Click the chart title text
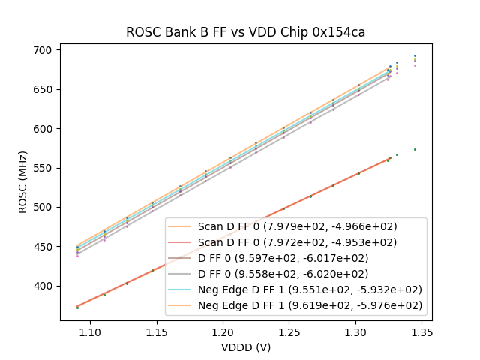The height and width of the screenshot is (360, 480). (x=245, y=32)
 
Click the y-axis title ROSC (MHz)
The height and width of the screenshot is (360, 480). (x=23, y=181)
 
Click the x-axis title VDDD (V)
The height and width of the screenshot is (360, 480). (x=245, y=347)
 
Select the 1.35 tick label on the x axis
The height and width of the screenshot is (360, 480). (x=421, y=331)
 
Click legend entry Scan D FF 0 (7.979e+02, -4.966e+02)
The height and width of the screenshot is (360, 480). (x=297, y=226)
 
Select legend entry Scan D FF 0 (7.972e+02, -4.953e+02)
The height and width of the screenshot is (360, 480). (x=297, y=242)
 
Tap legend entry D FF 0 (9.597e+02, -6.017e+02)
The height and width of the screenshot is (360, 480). (x=283, y=258)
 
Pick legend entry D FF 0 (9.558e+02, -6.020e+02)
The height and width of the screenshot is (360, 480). (x=283, y=274)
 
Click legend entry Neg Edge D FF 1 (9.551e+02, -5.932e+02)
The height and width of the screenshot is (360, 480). (x=310, y=289)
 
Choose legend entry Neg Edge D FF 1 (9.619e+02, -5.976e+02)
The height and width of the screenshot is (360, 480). (x=310, y=305)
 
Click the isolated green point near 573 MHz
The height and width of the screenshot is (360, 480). (x=415, y=149)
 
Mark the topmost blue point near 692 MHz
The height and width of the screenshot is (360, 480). (x=415, y=55)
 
